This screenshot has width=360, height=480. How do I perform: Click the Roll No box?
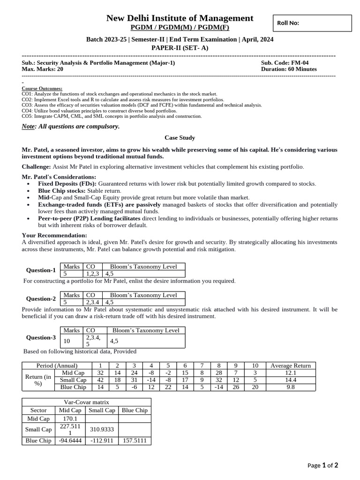click(x=312, y=22)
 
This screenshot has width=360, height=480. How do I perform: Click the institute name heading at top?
click(x=180, y=18)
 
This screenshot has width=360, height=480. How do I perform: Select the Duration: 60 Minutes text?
click(x=289, y=69)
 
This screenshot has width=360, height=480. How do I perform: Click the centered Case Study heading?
click(x=180, y=138)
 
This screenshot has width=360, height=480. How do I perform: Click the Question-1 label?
click(x=41, y=270)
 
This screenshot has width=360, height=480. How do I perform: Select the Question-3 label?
click(x=41, y=337)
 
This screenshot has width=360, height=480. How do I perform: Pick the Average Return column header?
click(x=290, y=366)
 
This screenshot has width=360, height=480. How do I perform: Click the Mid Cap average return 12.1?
click(x=290, y=373)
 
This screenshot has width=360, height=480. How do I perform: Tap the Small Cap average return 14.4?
click(x=290, y=380)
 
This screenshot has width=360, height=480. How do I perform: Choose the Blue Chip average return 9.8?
click(x=290, y=387)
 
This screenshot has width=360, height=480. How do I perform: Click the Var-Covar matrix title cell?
click(x=86, y=402)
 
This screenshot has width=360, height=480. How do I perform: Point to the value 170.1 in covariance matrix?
click(x=69, y=419)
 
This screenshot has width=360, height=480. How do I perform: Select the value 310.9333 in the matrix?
click(x=102, y=429)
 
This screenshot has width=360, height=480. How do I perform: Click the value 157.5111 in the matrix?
click(x=135, y=441)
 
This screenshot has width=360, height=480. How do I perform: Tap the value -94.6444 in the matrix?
click(x=69, y=441)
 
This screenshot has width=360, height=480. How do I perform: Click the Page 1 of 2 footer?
click(x=322, y=465)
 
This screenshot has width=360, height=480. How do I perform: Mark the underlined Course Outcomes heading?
click(x=42, y=89)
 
